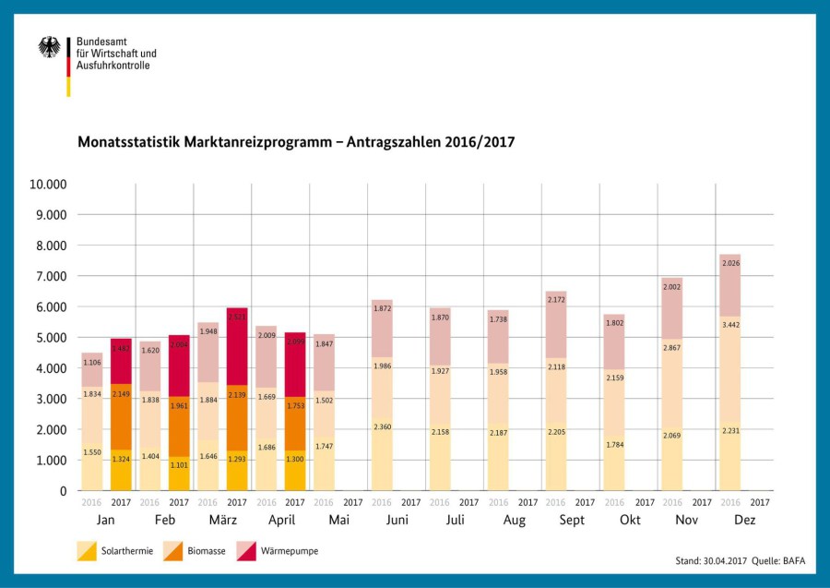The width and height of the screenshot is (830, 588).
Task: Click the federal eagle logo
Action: pyautogui.click(x=50, y=48)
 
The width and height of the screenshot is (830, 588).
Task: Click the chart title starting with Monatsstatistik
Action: pyautogui.click(x=295, y=143)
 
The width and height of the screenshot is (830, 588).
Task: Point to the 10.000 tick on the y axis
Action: pyautogui.click(x=48, y=184)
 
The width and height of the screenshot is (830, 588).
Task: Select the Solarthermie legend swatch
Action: pyautogui.click(x=88, y=551)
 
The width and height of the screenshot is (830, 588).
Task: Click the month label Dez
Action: pyautogui.click(x=744, y=521)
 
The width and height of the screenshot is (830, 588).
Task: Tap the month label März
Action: pyautogui.click(x=222, y=521)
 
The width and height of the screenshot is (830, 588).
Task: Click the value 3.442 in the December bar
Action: pyautogui.click(x=730, y=324)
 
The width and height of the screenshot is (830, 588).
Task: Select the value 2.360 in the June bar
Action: pyautogui.click(x=382, y=426)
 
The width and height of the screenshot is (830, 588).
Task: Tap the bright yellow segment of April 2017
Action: pyautogui.click(x=295, y=471)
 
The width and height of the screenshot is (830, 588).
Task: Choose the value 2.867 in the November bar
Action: pyautogui.click(x=672, y=346)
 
